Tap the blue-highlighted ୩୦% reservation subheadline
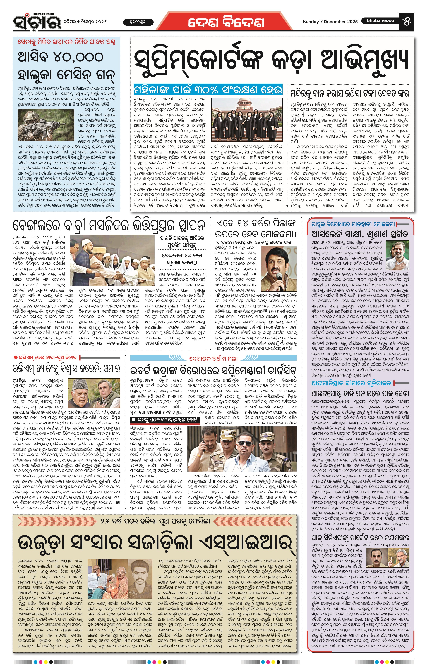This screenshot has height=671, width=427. point(208,90)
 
